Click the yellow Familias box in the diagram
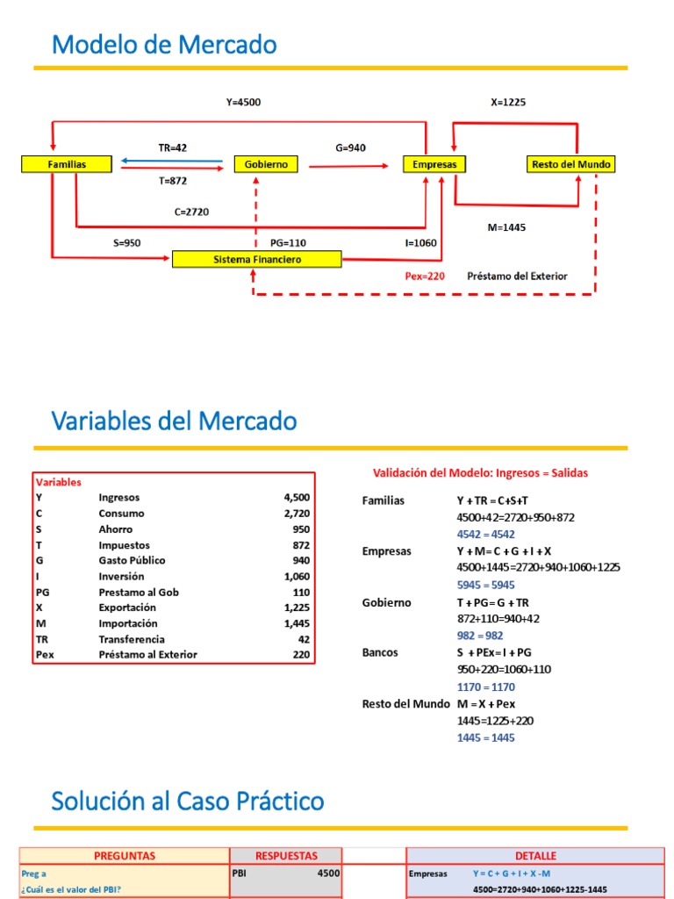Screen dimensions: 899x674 (67, 164)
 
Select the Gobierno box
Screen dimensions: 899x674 (266, 164)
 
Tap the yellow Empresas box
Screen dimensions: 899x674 (434, 164)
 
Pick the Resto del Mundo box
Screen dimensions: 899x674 (571, 164)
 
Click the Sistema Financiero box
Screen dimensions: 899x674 (257, 259)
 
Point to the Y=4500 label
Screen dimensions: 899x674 (243, 103)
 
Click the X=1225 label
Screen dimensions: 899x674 (508, 103)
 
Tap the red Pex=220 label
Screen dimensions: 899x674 (425, 276)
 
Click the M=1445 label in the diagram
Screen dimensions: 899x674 (506, 227)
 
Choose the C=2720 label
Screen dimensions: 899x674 (191, 212)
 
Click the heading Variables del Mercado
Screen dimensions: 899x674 (174, 421)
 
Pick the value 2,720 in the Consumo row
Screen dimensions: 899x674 (297, 513)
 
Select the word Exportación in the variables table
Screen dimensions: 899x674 (127, 608)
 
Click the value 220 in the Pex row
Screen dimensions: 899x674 (301, 655)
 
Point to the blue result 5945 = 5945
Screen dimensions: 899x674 (485, 585)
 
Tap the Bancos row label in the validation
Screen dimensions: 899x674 (380, 653)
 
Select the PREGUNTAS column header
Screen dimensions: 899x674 (124, 855)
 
